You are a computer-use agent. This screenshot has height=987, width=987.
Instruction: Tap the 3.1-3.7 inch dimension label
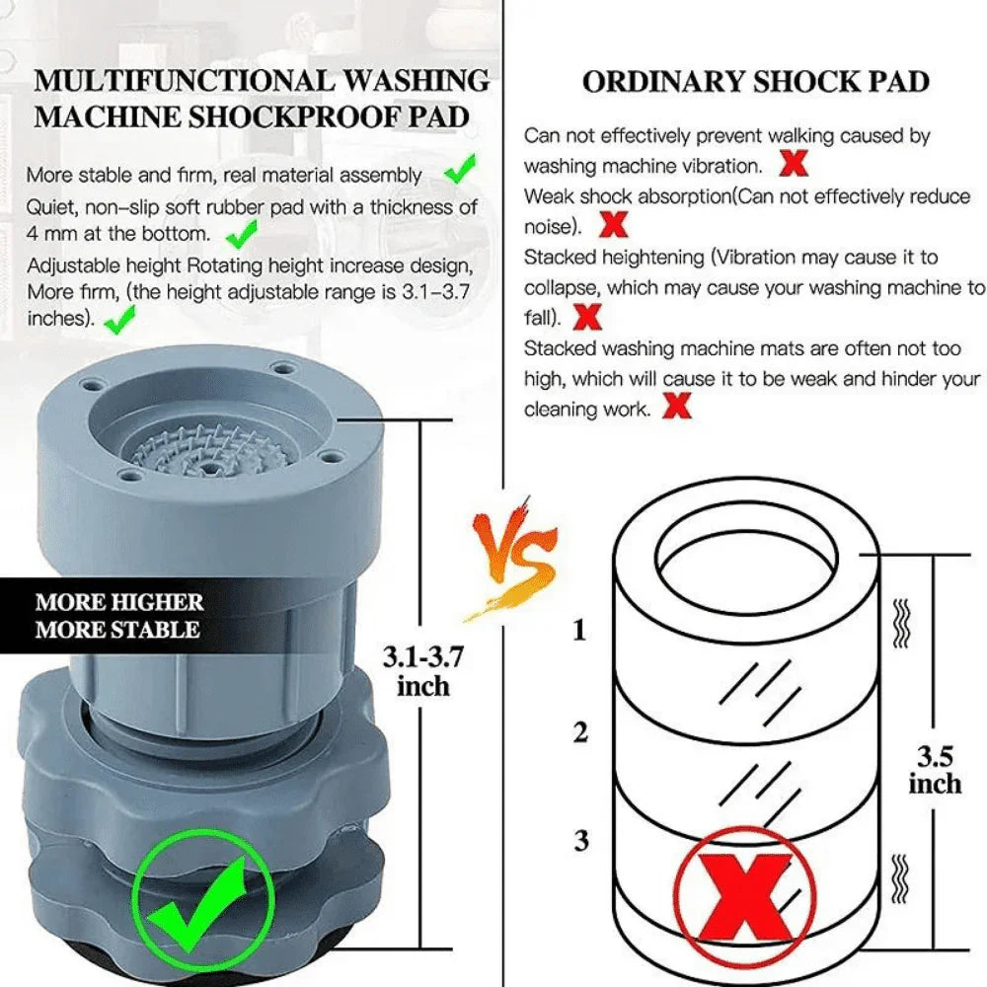[x=422, y=669]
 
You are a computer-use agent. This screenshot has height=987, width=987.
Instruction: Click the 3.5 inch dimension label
[x=934, y=770]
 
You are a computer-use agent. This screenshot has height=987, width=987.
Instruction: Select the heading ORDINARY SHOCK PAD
[x=755, y=82]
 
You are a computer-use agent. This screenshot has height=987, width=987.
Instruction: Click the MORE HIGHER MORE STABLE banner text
[x=118, y=615]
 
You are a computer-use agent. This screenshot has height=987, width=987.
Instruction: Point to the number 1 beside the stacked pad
[x=579, y=629]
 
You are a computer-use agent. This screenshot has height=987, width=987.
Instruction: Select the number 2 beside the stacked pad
[x=580, y=732]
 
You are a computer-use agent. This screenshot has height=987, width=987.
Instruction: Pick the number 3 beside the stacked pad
[x=580, y=841]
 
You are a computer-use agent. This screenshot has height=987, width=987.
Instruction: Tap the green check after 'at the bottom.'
[x=241, y=233]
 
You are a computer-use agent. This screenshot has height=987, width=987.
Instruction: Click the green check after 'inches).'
[x=119, y=319]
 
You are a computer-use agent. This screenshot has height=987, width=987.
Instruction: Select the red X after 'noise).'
[x=613, y=225]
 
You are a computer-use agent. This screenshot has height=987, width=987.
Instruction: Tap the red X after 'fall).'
[x=588, y=317]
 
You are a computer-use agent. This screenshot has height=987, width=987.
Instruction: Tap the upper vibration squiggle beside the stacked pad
[x=899, y=622]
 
